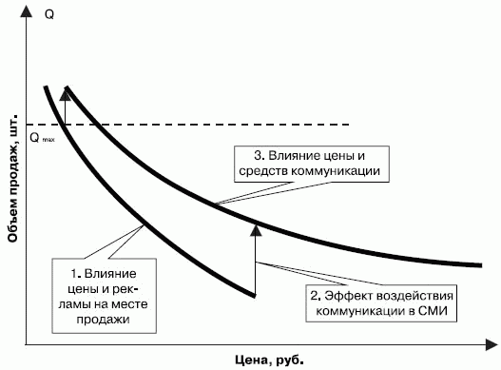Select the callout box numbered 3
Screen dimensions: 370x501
(310, 163)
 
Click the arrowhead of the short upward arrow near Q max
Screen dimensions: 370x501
(66, 92)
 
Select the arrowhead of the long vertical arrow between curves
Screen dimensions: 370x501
(255, 226)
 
